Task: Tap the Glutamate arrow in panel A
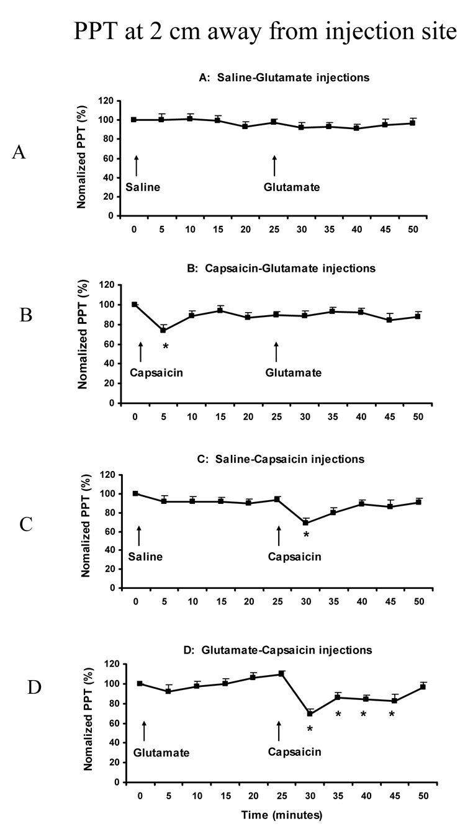(274, 166)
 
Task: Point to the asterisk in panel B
(165, 346)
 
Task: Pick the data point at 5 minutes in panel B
(163, 330)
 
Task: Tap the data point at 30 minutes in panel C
(306, 522)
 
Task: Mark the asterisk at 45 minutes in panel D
(392, 714)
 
